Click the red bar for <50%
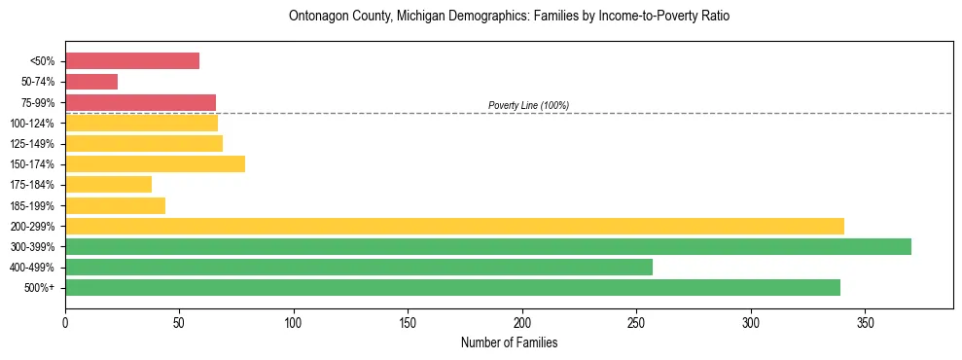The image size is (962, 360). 132,61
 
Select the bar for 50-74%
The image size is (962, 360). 91,82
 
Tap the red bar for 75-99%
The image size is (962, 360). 140,102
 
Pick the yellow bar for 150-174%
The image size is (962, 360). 155,163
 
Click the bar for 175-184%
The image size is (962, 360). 108,184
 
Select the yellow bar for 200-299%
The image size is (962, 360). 454,226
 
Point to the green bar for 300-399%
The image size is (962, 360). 488,246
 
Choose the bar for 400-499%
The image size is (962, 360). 359,267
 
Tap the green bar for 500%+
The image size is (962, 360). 452,287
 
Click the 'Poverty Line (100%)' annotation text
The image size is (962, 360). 528,105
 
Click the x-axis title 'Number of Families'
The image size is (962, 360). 509,343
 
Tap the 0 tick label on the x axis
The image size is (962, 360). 65,322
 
